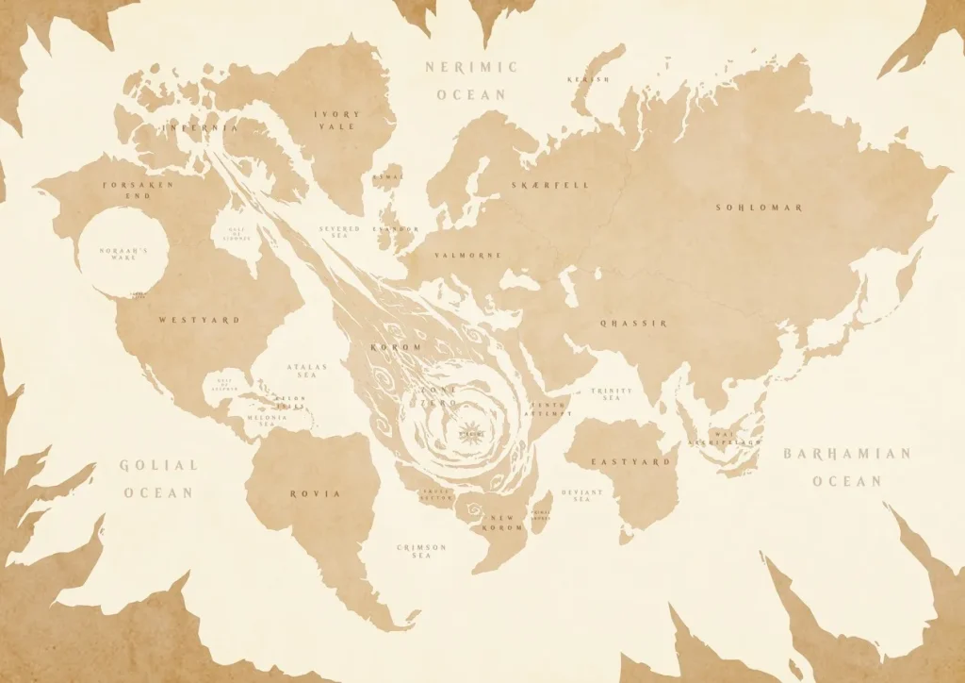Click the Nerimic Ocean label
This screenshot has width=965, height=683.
tap(471, 80)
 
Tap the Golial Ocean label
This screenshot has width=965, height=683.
tap(158, 478)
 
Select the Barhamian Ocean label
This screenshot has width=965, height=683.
tap(847, 467)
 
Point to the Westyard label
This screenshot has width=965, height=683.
tap(199, 320)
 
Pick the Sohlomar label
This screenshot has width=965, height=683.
tap(759, 207)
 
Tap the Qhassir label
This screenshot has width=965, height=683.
tap(633, 323)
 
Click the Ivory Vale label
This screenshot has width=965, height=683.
tap(337, 120)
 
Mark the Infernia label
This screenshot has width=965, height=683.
tap(201, 125)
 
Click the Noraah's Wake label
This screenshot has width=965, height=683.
tap(124, 253)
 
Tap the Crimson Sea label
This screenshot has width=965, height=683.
tap(421, 552)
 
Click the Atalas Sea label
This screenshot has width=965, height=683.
tap(307, 372)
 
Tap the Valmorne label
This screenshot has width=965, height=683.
tap(468, 255)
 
